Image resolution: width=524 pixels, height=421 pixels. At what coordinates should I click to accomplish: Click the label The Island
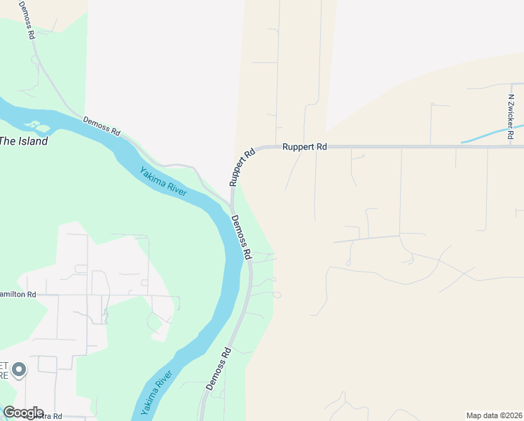[24, 141]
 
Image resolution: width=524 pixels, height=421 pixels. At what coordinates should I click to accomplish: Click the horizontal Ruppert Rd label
[305, 147]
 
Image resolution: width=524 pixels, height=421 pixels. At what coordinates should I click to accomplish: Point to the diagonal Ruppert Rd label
[241, 166]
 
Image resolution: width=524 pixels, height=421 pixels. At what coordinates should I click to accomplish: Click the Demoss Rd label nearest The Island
[102, 126]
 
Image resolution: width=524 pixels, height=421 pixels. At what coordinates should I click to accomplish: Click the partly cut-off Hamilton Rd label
[18, 295]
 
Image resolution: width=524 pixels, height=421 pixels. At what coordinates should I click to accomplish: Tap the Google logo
[23, 412]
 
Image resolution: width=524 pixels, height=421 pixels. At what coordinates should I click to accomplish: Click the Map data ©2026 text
[494, 415]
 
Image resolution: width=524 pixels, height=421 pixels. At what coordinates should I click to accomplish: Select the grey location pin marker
[19, 369]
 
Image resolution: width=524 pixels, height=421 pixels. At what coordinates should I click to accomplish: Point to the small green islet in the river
[36, 127]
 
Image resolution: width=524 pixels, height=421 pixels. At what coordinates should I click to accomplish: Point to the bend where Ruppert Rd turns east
[257, 149]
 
